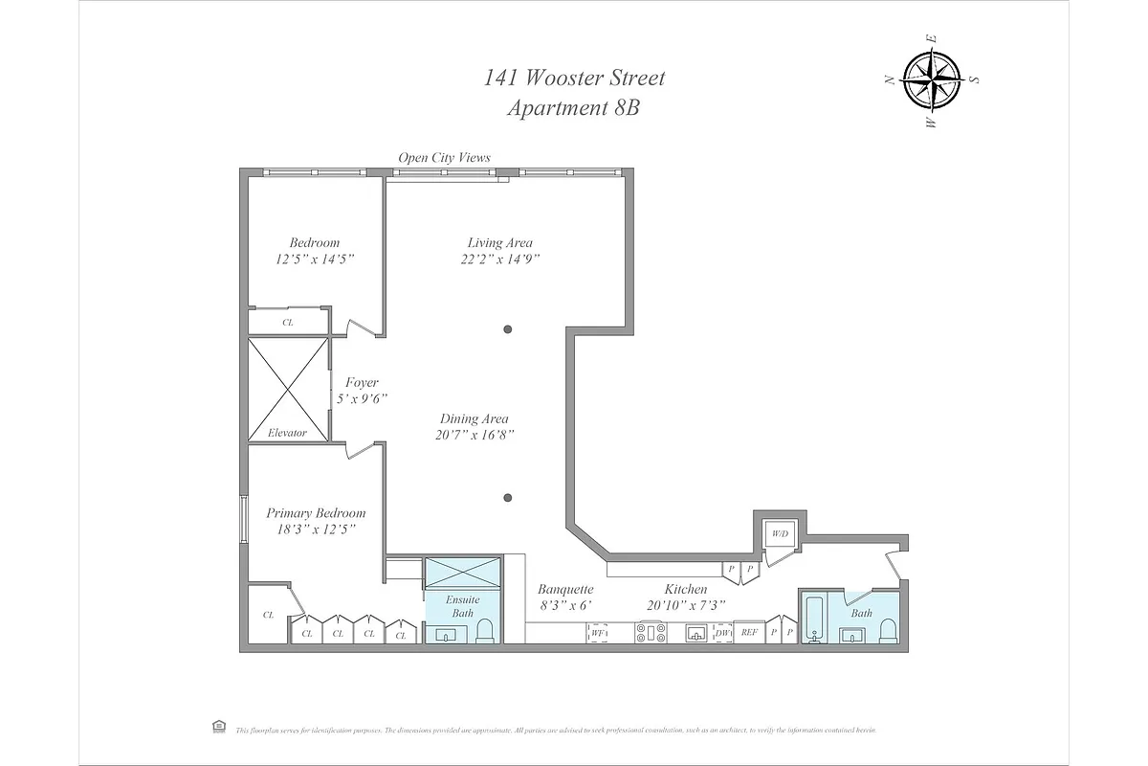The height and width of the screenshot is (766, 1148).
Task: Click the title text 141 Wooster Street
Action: (x=574, y=78)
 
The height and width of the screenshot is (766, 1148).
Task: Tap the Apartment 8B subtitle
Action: (x=573, y=108)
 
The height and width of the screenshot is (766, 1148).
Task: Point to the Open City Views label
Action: (x=445, y=158)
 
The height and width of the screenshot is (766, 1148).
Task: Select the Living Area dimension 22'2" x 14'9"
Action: (x=499, y=259)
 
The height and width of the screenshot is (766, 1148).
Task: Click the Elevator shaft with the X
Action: (x=287, y=390)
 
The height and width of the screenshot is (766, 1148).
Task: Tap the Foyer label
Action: (x=362, y=383)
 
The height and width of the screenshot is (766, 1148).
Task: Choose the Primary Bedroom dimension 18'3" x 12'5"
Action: (x=316, y=529)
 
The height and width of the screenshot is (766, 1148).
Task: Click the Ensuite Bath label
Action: (x=463, y=606)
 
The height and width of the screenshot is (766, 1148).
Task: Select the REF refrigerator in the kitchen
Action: (x=749, y=632)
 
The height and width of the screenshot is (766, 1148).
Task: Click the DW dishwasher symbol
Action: (x=722, y=632)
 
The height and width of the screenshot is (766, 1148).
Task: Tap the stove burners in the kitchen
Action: (x=651, y=632)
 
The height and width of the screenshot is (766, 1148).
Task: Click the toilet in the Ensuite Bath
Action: (x=485, y=630)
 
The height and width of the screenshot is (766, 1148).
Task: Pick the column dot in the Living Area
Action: (x=508, y=329)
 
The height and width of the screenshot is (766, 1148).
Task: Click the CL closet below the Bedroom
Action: (x=287, y=323)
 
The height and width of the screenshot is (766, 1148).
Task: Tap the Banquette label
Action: (x=565, y=590)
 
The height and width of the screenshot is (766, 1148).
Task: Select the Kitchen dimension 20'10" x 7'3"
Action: (x=686, y=605)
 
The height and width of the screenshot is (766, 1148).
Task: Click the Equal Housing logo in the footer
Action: (x=217, y=729)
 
